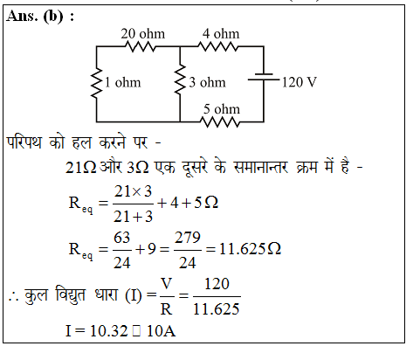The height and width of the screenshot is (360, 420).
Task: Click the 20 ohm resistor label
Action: click(143, 34)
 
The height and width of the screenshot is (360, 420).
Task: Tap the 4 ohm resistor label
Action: click(221, 34)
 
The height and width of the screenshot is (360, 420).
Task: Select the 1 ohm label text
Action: click(122, 82)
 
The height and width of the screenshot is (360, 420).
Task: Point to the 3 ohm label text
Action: click(207, 82)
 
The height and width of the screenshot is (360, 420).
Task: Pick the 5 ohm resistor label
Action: click(222, 109)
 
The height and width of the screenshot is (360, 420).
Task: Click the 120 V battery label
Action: click(300, 82)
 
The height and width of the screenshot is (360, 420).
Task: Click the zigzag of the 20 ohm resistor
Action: click(141, 46)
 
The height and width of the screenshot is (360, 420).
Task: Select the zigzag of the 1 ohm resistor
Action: click(96, 83)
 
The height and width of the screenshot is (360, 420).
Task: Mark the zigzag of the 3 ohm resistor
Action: click(180, 80)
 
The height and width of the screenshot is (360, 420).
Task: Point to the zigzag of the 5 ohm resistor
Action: click(221, 122)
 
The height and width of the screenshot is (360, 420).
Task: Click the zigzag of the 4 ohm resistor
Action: click(218, 46)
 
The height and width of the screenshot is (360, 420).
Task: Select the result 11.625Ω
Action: click(250, 249)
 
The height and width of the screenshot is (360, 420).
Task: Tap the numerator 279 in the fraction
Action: click(188, 238)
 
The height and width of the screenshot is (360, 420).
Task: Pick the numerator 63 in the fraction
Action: click(122, 238)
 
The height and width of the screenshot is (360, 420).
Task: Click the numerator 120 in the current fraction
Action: click(217, 284)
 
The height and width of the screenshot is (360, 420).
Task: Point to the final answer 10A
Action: click(162, 331)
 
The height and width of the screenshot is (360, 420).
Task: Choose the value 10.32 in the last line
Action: click(109, 331)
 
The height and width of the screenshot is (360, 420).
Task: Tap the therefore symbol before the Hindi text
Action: click(14, 298)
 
